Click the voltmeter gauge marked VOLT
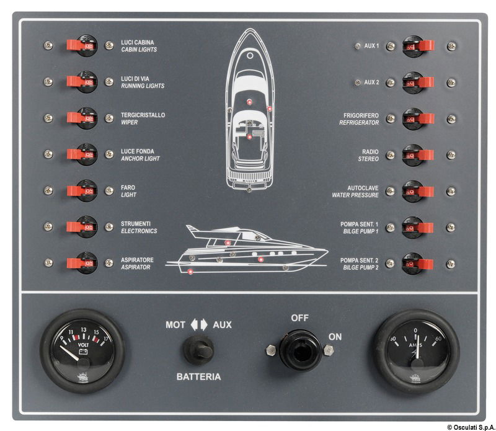click(x=82, y=351)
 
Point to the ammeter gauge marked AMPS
click(x=416, y=351)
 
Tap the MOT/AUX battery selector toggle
click(x=198, y=350)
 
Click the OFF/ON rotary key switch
click(x=300, y=350)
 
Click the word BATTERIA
click(x=198, y=376)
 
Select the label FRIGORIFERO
click(x=361, y=115)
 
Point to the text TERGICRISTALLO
click(x=143, y=115)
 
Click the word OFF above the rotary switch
click(x=300, y=318)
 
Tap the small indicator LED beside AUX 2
click(x=356, y=82)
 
